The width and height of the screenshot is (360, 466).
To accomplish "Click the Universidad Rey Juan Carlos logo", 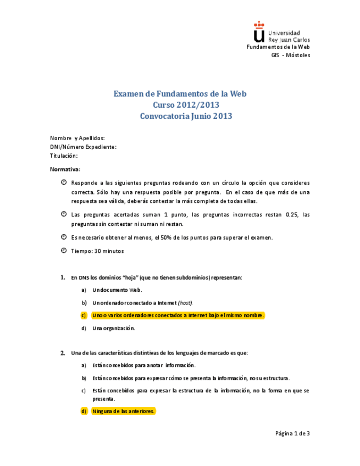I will [281, 33].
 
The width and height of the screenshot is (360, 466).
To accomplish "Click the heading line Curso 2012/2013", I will [180, 105].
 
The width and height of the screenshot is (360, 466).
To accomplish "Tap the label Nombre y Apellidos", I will [77, 138].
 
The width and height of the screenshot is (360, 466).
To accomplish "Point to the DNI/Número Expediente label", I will [83, 147].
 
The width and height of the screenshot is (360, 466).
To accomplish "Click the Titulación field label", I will [64, 156].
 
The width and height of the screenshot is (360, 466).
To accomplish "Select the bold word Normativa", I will [65, 169].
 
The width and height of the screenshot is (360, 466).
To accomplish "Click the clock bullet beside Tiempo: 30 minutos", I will [64, 251].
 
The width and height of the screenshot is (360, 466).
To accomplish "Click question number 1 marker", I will [63, 278].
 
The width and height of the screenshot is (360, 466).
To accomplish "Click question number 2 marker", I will [63, 352].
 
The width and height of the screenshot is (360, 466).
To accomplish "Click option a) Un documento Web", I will [117, 290].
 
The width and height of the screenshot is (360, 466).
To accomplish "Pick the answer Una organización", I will [113, 328].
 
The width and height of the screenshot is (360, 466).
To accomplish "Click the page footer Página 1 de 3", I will [292, 434].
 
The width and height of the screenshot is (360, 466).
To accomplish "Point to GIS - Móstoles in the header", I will [291, 55].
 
